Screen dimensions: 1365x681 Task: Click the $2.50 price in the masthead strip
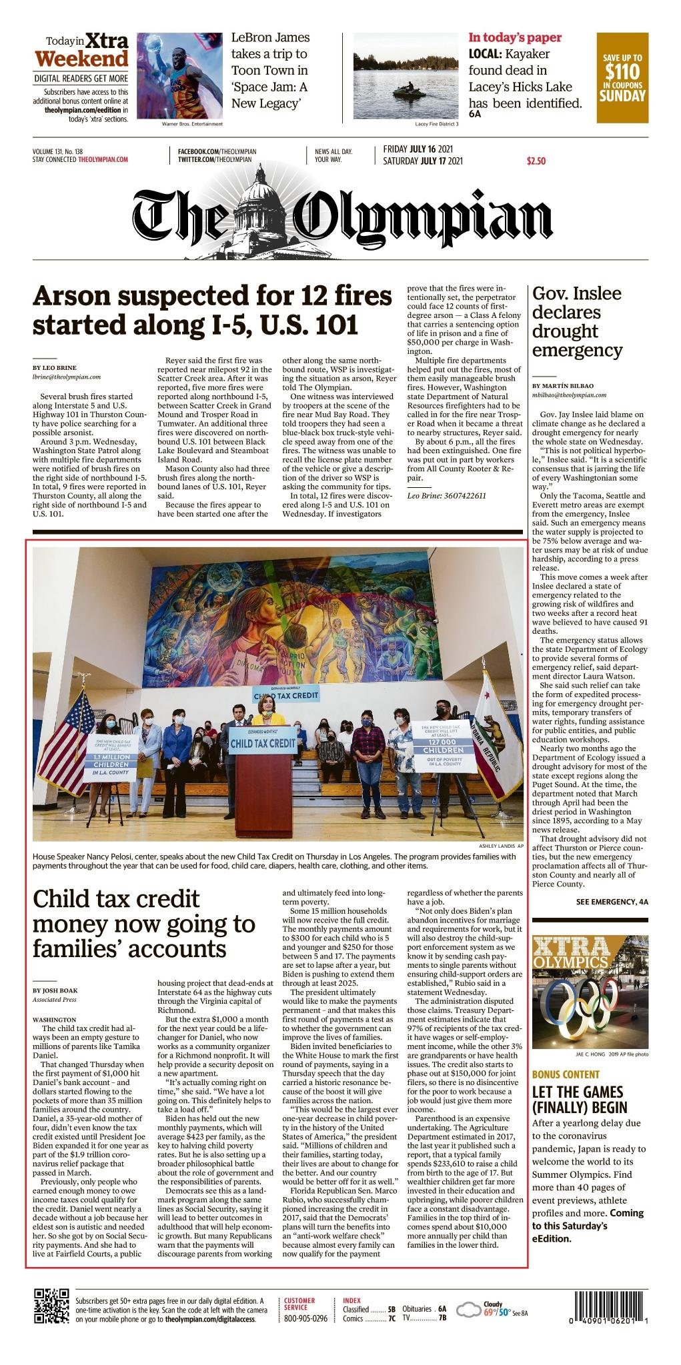(x=536, y=161)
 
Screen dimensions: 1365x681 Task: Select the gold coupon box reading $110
(x=622, y=77)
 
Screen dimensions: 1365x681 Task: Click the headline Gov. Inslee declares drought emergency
(x=577, y=321)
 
